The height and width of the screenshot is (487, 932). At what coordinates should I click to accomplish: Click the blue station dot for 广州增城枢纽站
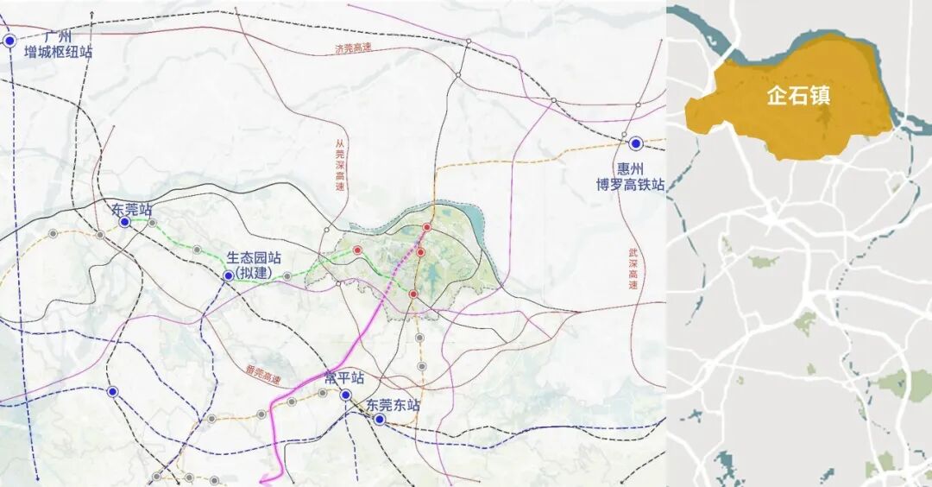(x=9, y=40)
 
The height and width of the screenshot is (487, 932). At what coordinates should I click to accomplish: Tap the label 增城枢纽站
(x=58, y=52)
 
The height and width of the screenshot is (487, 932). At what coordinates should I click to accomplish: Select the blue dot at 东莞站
(x=125, y=222)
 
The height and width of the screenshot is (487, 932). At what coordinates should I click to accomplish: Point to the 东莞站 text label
(x=132, y=208)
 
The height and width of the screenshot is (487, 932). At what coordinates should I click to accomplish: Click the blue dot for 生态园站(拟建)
(x=228, y=276)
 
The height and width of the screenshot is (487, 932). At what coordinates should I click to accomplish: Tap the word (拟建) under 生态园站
(x=258, y=272)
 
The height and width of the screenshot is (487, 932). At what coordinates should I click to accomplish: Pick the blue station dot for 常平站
(x=345, y=395)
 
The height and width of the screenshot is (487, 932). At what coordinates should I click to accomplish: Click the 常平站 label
(x=343, y=379)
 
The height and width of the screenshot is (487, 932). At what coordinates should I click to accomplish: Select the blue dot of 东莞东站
(x=379, y=419)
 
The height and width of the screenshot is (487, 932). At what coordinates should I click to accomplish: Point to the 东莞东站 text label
(x=393, y=404)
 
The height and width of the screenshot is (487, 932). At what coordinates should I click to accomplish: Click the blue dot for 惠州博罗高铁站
(x=636, y=143)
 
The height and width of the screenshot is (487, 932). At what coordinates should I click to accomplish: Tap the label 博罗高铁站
(x=630, y=183)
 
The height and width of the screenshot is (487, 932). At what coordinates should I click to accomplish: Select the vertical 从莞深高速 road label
(x=340, y=164)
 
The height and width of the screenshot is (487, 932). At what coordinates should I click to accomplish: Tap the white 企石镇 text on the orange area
(x=798, y=96)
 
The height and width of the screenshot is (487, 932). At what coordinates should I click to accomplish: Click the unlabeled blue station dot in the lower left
(x=112, y=391)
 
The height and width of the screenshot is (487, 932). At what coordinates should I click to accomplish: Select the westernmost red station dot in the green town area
(x=357, y=250)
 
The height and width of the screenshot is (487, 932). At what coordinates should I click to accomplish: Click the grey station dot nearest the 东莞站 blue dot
(x=153, y=223)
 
